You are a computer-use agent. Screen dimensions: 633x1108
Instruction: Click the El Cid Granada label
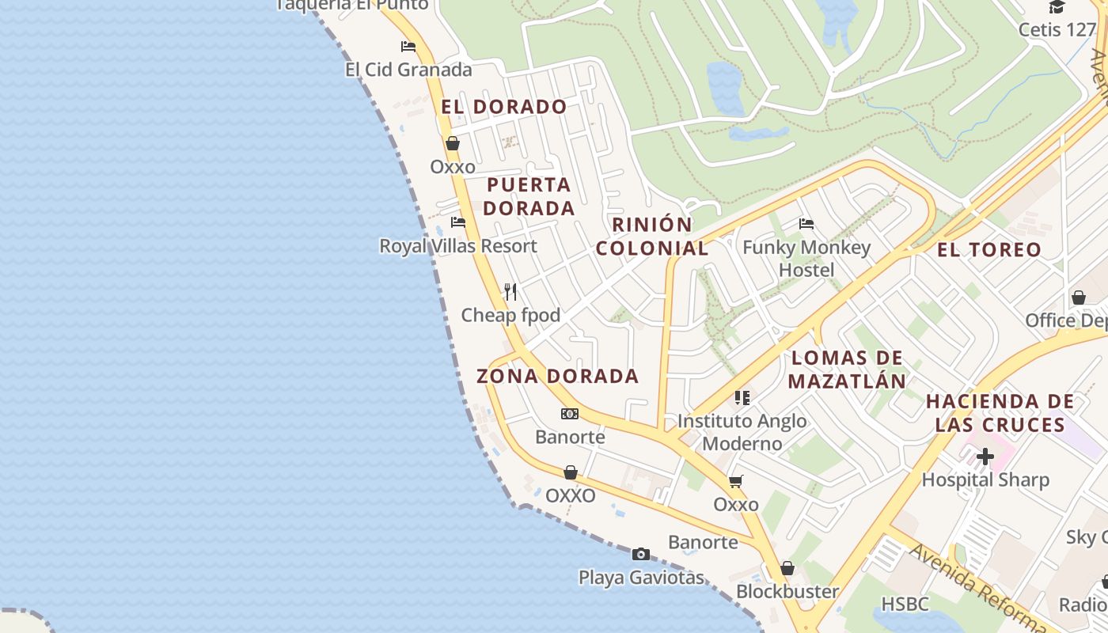(x=408, y=70)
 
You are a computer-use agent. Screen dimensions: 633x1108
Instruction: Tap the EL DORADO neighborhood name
(x=504, y=107)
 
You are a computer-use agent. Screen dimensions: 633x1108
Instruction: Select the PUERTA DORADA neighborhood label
(x=529, y=196)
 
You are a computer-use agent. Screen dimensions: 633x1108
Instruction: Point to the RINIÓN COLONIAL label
(x=652, y=236)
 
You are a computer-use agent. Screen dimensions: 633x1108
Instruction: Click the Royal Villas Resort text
(x=458, y=246)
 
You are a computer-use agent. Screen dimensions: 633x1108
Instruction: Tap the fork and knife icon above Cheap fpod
(x=510, y=292)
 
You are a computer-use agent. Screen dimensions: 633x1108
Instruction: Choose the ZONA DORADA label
(x=557, y=376)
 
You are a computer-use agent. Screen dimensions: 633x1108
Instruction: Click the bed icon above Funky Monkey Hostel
(x=806, y=224)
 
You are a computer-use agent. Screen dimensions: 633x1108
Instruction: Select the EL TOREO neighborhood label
(x=989, y=250)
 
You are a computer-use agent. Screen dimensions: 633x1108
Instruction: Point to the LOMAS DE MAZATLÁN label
(x=847, y=370)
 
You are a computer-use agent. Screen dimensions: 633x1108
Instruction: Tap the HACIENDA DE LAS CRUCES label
(x=1000, y=413)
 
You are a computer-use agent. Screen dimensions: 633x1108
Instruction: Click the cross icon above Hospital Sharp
(x=985, y=457)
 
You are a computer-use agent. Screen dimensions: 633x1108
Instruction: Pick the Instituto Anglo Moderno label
(x=742, y=432)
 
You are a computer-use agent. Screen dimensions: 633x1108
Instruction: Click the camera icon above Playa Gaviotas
(x=641, y=554)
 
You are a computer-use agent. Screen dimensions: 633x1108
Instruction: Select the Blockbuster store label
(x=787, y=591)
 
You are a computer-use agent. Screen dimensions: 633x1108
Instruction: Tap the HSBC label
(x=905, y=604)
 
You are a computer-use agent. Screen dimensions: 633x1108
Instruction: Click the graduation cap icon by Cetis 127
(x=1057, y=8)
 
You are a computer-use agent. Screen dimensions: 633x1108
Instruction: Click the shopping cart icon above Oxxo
(x=736, y=481)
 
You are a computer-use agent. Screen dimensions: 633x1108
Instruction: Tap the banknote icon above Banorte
(x=570, y=414)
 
